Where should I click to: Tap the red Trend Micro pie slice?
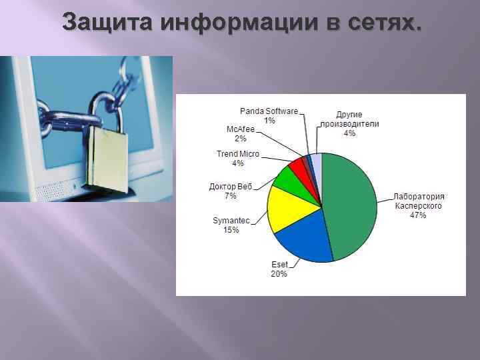pyautogui.click(x=297, y=166)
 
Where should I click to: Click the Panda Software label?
pyautogui.click(x=269, y=111)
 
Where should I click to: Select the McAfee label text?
pyautogui.click(x=241, y=129)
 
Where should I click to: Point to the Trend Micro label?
pyautogui.click(x=238, y=154)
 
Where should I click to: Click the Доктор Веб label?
pyautogui.click(x=231, y=187)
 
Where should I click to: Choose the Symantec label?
pyautogui.click(x=231, y=220)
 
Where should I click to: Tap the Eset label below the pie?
pyautogui.click(x=279, y=265)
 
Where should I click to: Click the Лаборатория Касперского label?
pyautogui.click(x=419, y=201)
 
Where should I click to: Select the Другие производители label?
pyautogui.click(x=349, y=119)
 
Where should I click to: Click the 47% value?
pyautogui.click(x=418, y=215)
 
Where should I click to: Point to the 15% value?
pyautogui.click(x=231, y=229)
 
